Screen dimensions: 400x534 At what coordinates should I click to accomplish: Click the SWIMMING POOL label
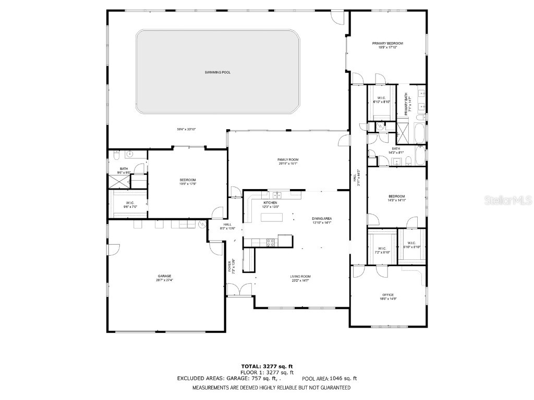(217, 72)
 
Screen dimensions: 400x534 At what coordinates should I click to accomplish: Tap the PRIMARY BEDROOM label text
(387, 43)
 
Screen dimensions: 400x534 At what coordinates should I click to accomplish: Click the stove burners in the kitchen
(271, 241)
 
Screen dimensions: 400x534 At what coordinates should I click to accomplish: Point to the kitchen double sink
(278, 195)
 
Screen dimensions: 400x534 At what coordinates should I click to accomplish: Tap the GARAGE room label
(165, 276)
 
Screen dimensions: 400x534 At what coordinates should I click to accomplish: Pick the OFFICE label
(387, 295)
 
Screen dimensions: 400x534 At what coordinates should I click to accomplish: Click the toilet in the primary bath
(380, 127)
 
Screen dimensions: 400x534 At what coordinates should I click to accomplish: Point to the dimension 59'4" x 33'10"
(186, 129)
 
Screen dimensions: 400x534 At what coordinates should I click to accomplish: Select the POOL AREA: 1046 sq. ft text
(333, 379)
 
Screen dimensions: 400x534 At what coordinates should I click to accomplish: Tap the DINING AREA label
(322, 218)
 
